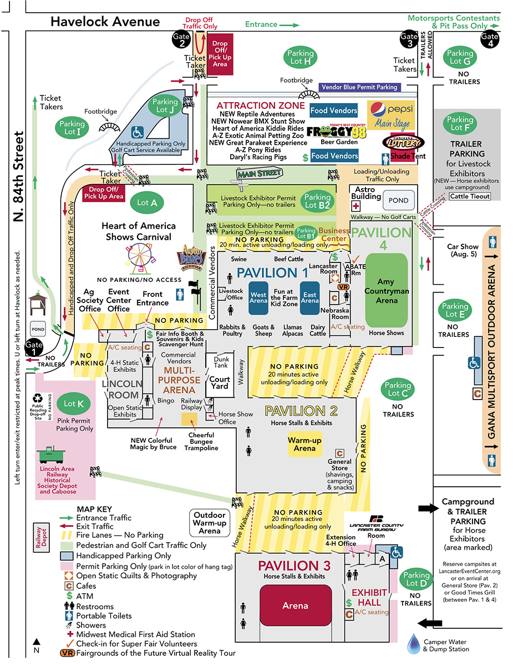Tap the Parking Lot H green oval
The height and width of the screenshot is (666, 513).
[301, 57]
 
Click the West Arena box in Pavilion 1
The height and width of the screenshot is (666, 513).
[258, 297]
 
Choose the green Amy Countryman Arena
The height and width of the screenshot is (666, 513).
[386, 291]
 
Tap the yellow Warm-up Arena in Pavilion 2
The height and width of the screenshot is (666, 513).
[304, 444]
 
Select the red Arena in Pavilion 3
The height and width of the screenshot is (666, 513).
[295, 606]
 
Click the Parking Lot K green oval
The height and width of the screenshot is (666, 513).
[74, 404]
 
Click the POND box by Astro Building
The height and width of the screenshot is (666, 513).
[398, 200]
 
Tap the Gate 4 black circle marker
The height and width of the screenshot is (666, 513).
[490, 40]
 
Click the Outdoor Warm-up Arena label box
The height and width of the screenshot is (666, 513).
[210, 522]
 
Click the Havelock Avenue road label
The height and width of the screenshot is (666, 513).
[105, 22]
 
